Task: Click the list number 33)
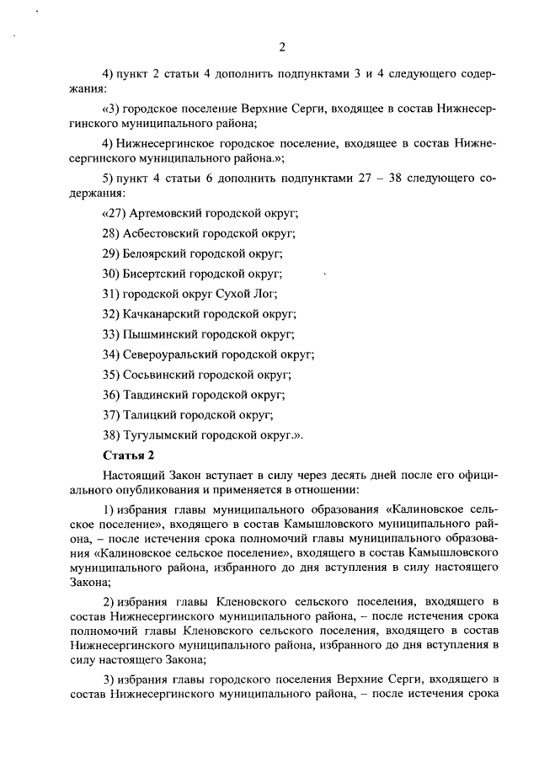[x=111, y=334]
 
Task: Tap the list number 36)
[x=111, y=395]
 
